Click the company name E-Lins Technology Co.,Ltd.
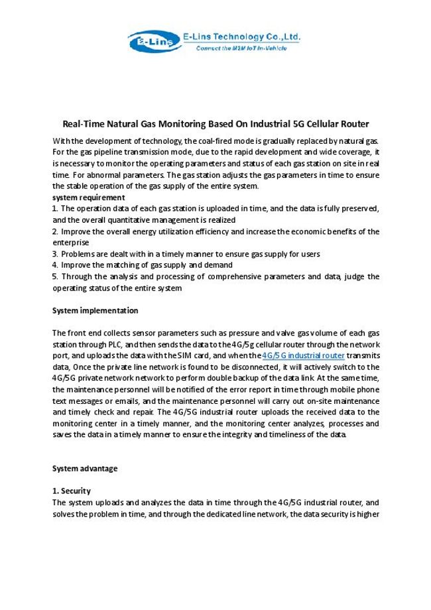click(x=242, y=38)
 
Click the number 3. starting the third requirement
click(x=55, y=254)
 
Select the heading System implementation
click(x=95, y=310)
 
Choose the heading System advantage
click(x=84, y=468)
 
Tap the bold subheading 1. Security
click(x=71, y=491)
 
